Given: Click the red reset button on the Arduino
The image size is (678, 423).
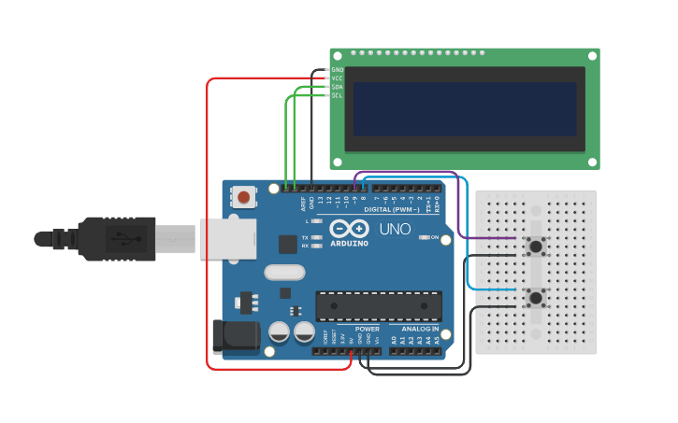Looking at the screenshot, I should [244, 196].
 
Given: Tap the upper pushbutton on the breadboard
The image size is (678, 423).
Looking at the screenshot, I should [536, 247].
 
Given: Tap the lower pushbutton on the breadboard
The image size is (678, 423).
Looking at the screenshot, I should [536, 299].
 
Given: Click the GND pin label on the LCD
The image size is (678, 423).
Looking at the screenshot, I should [337, 70].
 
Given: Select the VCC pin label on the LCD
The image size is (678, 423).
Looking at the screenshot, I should [337, 78].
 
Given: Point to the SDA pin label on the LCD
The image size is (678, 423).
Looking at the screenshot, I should [337, 87].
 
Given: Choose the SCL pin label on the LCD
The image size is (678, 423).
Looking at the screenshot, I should [337, 95].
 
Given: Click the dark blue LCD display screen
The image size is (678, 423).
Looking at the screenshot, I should [465, 108].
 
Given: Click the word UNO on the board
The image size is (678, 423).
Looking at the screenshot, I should [395, 229].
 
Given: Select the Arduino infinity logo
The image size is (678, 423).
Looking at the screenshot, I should [349, 229].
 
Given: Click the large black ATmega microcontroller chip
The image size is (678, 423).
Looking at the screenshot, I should [379, 305].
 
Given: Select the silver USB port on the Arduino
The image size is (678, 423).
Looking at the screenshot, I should [227, 237].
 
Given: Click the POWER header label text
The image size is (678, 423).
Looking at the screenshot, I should [368, 329].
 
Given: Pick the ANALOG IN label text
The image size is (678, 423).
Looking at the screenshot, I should [420, 329].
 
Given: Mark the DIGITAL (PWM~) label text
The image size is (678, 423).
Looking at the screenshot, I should [390, 209].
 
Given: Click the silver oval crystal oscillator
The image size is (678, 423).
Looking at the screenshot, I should [284, 273].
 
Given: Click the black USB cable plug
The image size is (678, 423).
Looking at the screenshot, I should [117, 238].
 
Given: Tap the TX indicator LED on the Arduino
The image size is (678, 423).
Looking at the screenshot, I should [317, 238].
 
